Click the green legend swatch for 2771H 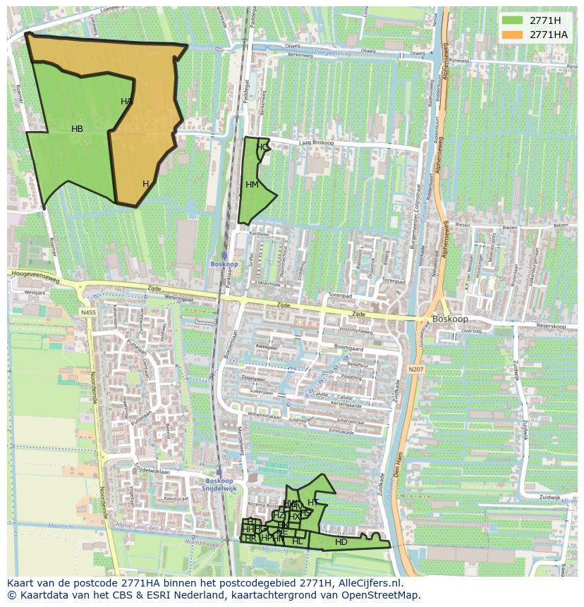[x=512, y=20]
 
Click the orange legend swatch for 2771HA [x=512, y=35]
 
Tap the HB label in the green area [x=78, y=129]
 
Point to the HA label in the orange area [x=126, y=102]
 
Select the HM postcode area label [x=252, y=185]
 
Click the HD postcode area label [x=341, y=542]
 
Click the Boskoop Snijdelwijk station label [x=219, y=484]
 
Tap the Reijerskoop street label [x=552, y=326]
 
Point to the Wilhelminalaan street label [x=264, y=416]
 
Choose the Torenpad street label [x=340, y=297]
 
